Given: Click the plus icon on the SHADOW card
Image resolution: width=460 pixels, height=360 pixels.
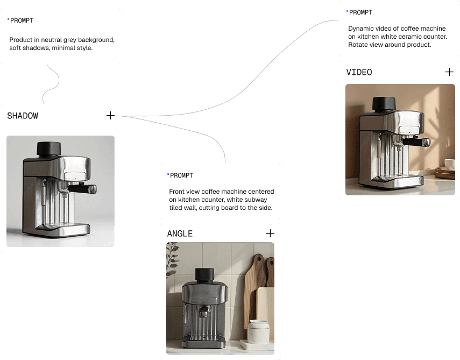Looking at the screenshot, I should tap(110, 115).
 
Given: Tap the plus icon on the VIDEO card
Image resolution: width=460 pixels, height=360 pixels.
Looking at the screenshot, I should tap(449, 72).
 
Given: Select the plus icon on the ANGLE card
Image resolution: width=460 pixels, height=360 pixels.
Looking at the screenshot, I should tap(270, 233).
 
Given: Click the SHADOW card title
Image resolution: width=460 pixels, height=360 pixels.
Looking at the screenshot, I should tap(23, 116).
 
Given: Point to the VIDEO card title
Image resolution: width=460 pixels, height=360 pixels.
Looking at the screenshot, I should tap(359, 72).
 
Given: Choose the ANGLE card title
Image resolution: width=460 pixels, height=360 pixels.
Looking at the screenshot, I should tap(180, 234).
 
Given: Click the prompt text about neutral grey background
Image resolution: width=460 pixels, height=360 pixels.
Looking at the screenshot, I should tap(62, 44).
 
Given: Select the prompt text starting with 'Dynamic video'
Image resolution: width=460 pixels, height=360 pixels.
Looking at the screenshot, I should tap(398, 36).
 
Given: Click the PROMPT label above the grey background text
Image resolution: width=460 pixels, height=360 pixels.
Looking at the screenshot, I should tap(22, 20).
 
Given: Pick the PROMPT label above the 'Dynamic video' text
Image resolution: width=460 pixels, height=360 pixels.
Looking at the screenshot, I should tap(360, 12).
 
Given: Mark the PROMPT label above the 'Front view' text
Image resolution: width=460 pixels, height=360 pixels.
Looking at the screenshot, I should tap(181, 175).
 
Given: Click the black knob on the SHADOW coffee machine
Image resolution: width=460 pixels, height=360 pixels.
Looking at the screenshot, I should tap(48, 148).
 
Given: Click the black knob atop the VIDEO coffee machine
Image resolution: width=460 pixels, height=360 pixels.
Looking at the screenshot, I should tap(382, 103).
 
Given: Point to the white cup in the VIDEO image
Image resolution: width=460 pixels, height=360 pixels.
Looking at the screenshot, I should tap(450, 164).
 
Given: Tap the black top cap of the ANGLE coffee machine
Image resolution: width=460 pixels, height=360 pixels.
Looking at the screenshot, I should tap(204, 274).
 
